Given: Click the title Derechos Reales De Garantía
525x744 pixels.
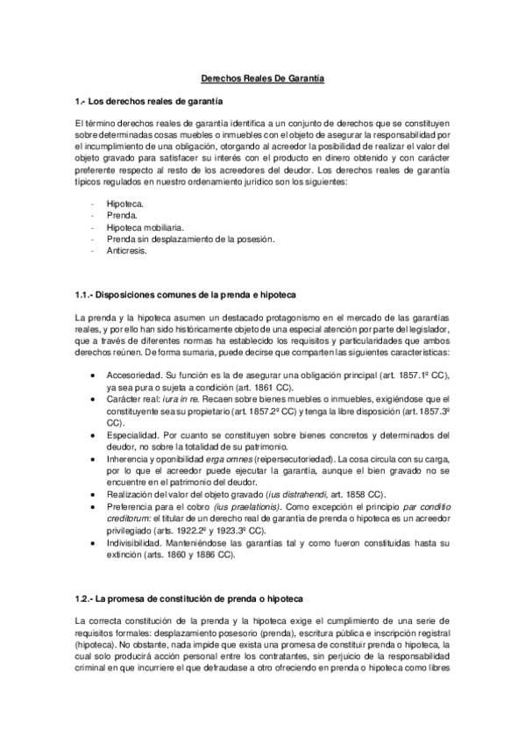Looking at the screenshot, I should tap(258, 79).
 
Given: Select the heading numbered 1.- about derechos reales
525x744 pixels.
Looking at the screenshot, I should tap(150, 102).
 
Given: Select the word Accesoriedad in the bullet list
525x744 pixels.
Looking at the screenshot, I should tap(133, 376).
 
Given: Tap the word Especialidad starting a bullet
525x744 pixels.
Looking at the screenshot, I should tap(132, 434).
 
